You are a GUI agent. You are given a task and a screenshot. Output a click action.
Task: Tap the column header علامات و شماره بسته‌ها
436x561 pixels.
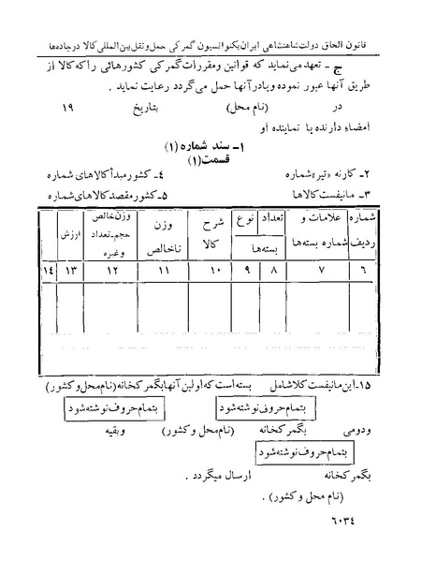(x=319, y=228)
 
